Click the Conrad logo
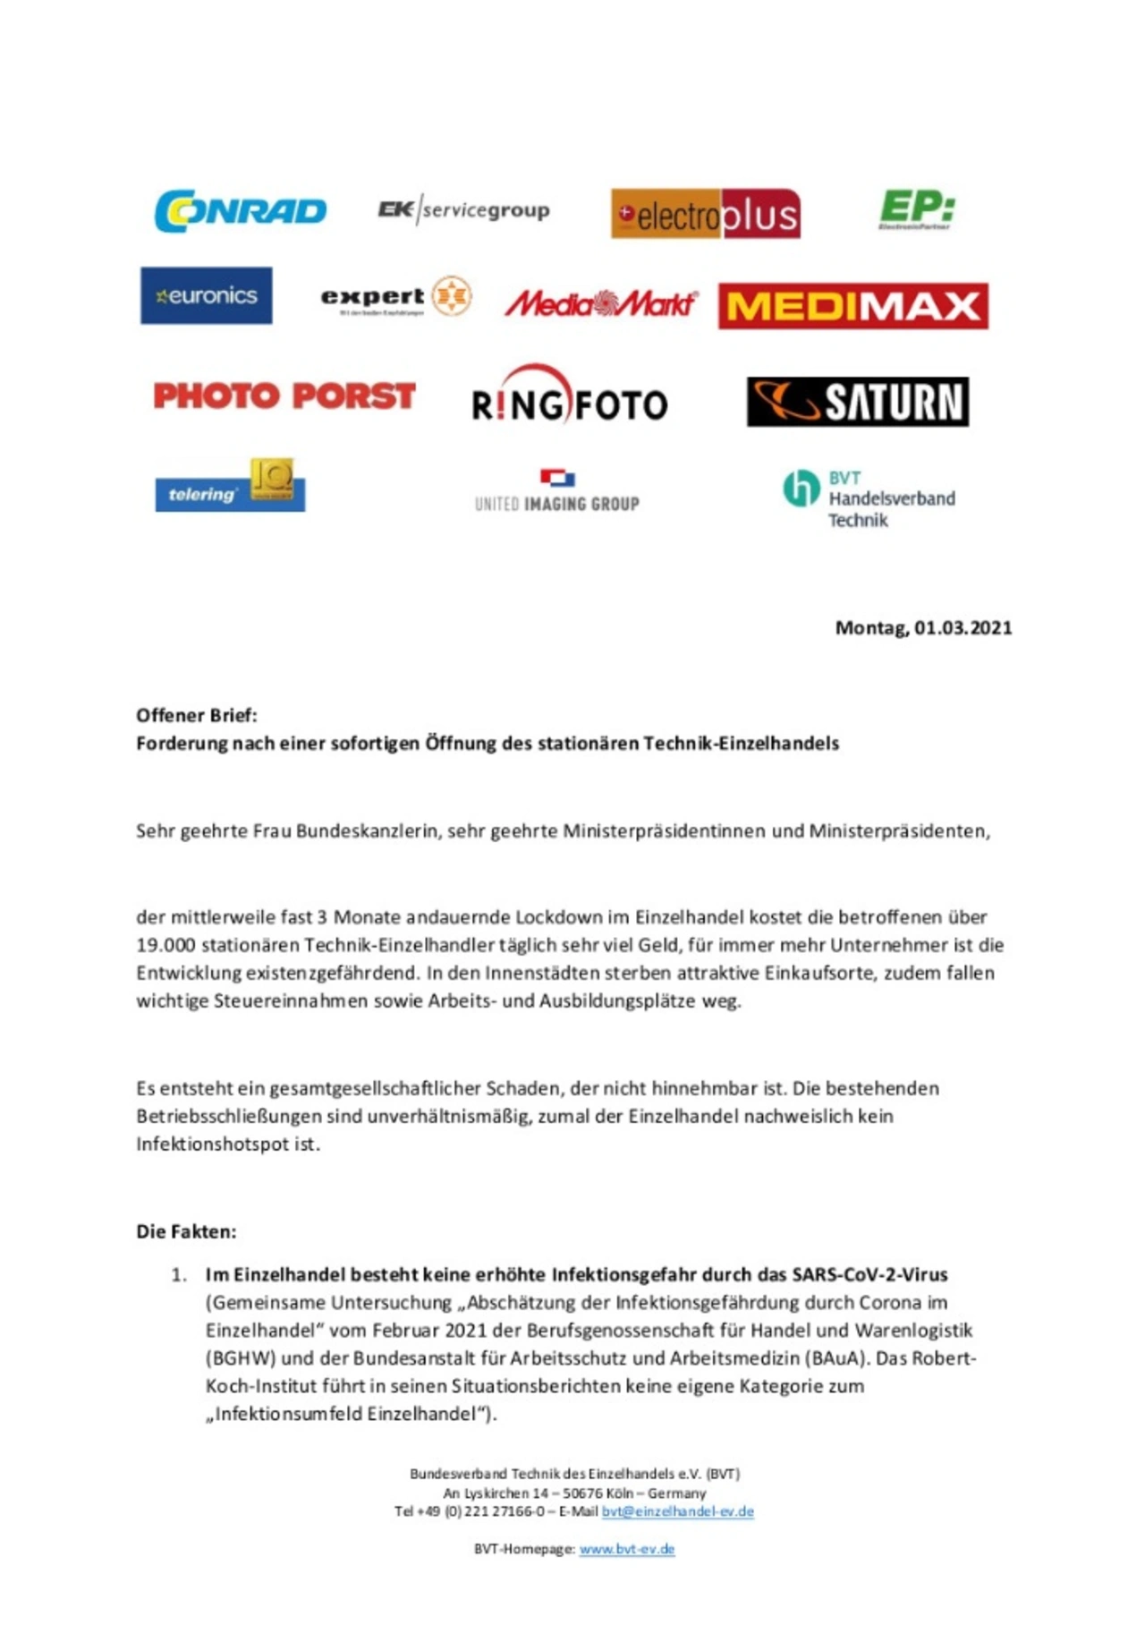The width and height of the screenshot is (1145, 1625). coord(240,211)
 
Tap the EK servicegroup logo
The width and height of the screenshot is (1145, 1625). coord(463,210)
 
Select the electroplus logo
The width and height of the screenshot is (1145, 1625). coord(705,214)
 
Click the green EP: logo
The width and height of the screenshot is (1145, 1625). coord(917,209)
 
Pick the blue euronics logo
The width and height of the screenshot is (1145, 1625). coord(207,295)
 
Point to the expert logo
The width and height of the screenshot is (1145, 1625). coord(396,297)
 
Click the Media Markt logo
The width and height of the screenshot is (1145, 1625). coord(600,304)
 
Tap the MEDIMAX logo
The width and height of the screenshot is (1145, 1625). coord(852,306)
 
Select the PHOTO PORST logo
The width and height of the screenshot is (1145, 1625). coord(284,396)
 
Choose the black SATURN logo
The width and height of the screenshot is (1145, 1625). coord(858,402)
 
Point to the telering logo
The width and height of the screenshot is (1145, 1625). coord(230,487)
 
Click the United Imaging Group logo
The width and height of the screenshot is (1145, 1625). coord(557,492)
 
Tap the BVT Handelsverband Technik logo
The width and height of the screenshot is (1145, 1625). coord(869,498)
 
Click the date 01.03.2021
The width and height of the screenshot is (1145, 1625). coord(963,628)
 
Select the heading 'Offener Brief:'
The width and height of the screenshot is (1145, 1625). coord(197,715)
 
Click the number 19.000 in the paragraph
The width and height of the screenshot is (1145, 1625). coord(165,945)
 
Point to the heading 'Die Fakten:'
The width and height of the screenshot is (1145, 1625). coord(186,1231)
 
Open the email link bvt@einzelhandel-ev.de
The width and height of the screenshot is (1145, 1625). coord(677,1511)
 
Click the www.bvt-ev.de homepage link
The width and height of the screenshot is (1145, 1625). coord(626,1549)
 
